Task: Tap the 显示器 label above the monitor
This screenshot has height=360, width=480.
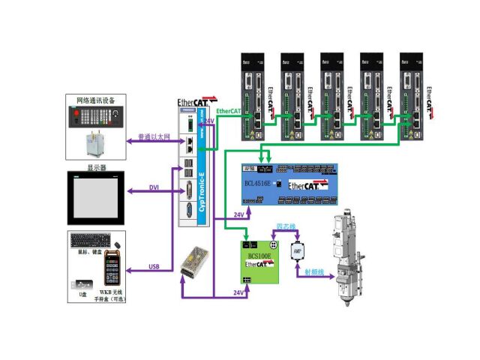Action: (94, 167)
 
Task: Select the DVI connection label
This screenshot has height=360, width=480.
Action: (154, 187)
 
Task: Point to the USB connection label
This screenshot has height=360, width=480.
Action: (154, 265)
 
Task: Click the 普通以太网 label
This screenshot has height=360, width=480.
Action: (154, 137)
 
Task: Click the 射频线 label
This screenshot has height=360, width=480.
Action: (314, 274)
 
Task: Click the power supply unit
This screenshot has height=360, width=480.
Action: (196, 260)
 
